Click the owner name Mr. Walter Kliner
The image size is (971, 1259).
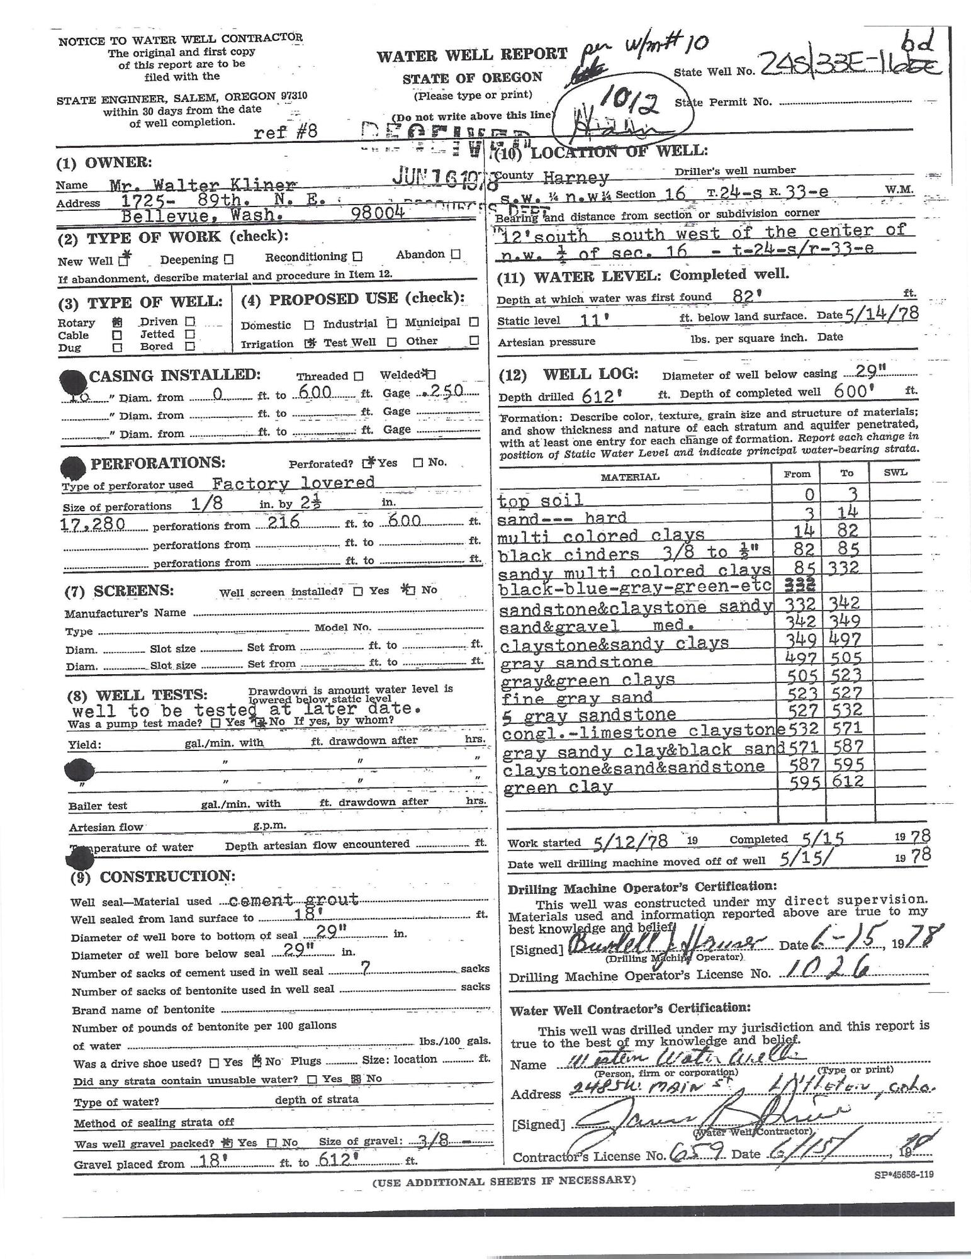click(202, 185)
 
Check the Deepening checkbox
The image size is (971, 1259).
click(228, 259)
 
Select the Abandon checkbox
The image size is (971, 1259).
click(456, 254)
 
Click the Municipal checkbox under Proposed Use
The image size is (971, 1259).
click(474, 322)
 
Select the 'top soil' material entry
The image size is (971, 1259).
click(539, 500)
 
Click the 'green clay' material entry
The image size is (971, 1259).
click(557, 787)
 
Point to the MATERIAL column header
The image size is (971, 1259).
click(629, 477)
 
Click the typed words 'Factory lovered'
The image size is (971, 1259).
click(293, 483)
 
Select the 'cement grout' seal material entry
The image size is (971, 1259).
click(295, 900)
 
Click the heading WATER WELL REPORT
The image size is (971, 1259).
click(471, 55)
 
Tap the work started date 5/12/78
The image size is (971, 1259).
click(631, 842)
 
